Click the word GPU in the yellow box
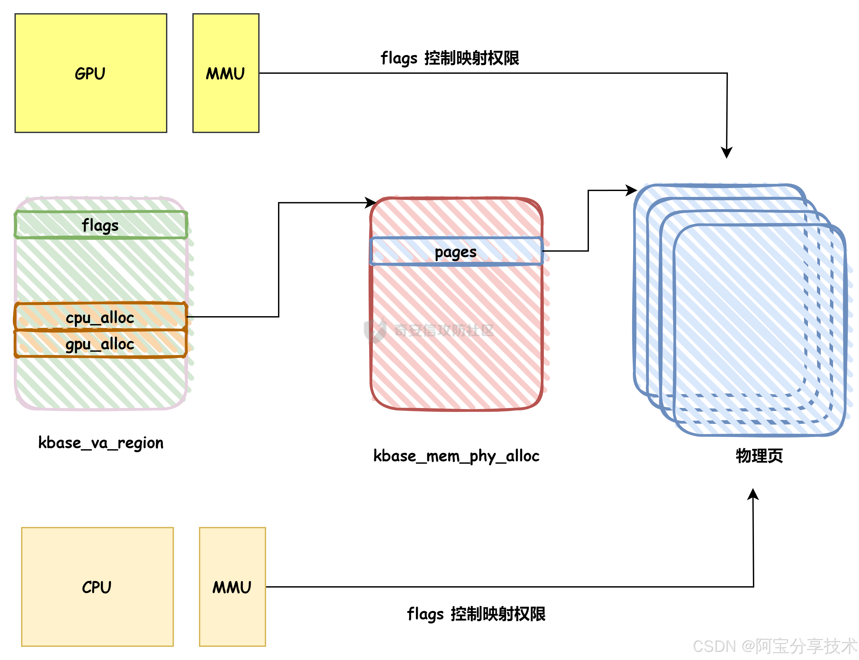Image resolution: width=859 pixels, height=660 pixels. click(90, 74)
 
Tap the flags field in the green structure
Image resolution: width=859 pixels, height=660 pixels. click(100, 226)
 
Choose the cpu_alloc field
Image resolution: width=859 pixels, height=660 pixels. click(100, 317)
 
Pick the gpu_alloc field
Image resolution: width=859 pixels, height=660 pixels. click(100, 344)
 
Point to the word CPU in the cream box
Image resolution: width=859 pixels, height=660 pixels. click(97, 587)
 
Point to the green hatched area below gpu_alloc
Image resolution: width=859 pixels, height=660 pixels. click(100, 383)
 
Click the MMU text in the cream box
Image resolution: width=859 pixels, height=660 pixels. click(232, 587)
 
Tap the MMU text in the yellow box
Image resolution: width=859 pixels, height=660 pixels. click(225, 74)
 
